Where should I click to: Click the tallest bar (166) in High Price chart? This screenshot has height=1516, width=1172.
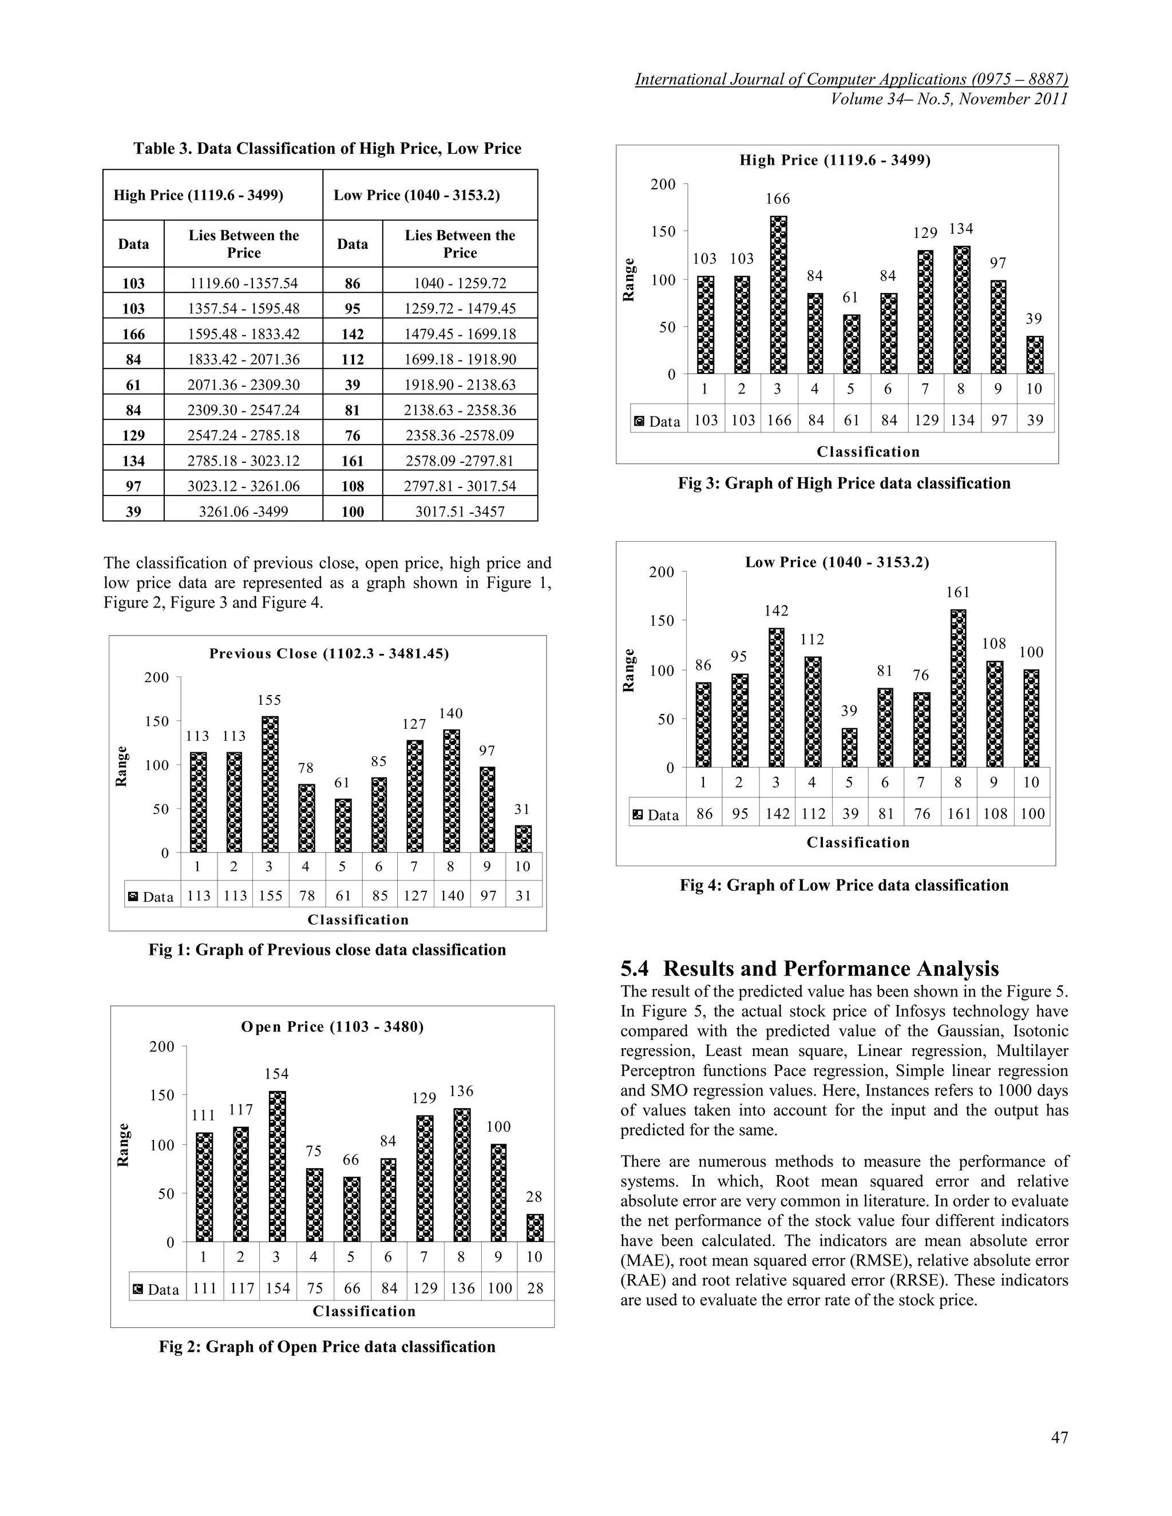778,295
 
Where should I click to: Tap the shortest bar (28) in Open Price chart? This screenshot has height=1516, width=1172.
534,1228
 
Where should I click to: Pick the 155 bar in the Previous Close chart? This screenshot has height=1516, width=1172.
270,784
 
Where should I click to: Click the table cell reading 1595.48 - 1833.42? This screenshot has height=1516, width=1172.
244,334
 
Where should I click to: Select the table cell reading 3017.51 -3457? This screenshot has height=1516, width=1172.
460,511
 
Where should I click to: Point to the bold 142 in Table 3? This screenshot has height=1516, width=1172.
353,334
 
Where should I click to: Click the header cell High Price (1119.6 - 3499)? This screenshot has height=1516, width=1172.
199,195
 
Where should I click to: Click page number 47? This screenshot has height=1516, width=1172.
1059,1438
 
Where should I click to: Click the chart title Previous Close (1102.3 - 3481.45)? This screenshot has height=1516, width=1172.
329,653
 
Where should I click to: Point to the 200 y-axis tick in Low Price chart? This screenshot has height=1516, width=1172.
661,572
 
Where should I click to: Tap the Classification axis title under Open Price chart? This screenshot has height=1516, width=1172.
364,1311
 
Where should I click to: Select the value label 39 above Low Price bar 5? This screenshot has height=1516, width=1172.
849,711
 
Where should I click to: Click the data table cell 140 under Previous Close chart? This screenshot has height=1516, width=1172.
452,895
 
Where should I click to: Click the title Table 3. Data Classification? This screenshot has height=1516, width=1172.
327,149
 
